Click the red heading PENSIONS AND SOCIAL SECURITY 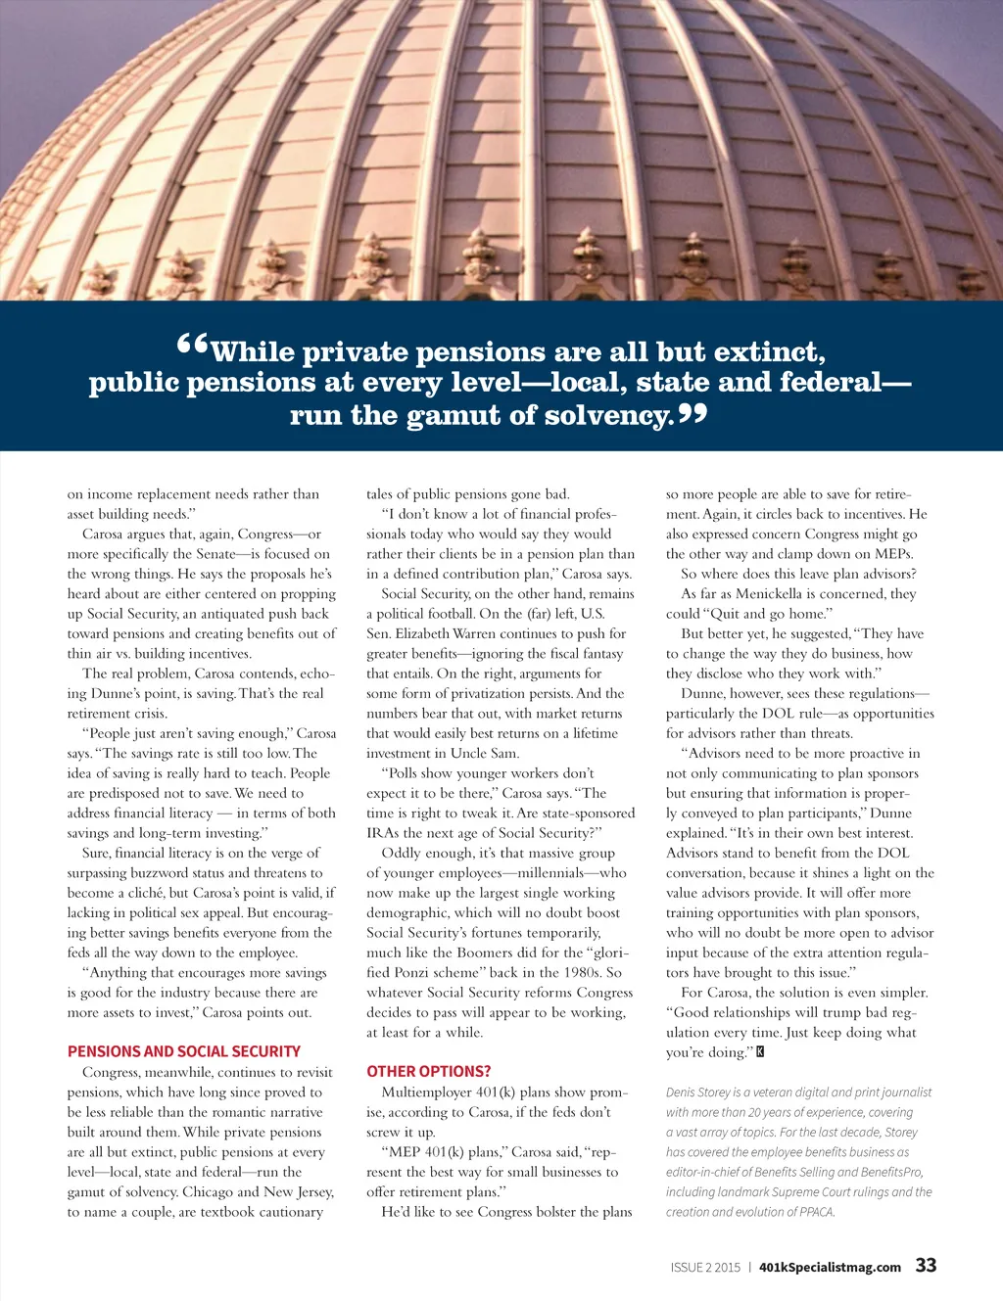(x=184, y=1051)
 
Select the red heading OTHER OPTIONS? (x=429, y=1071)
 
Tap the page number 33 (x=926, y=1265)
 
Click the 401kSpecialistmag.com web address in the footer (x=830, y=1267)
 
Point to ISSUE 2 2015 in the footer (x=705, y=1267)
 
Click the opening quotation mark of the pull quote (x=193, y=345)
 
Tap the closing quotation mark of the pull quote (x=693, y=412)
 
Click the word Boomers (x=514, y=953)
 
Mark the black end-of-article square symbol (x=760, y=1052)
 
